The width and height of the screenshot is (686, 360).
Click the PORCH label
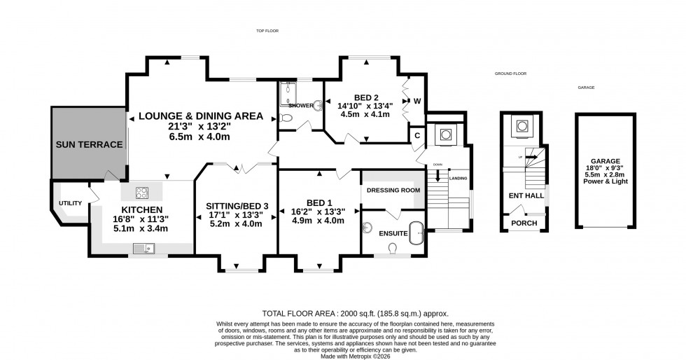tap(524, 223)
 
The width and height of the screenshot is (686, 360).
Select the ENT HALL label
tap(524, 197)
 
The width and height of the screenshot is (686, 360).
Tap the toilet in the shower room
tap(285, 118)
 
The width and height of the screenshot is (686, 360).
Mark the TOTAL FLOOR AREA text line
tap(355, 314)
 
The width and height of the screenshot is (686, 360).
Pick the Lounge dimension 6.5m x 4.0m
tap(199, 137)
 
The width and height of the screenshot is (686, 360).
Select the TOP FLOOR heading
tap(267, 31)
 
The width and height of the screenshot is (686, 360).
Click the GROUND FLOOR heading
tap(510, 73)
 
